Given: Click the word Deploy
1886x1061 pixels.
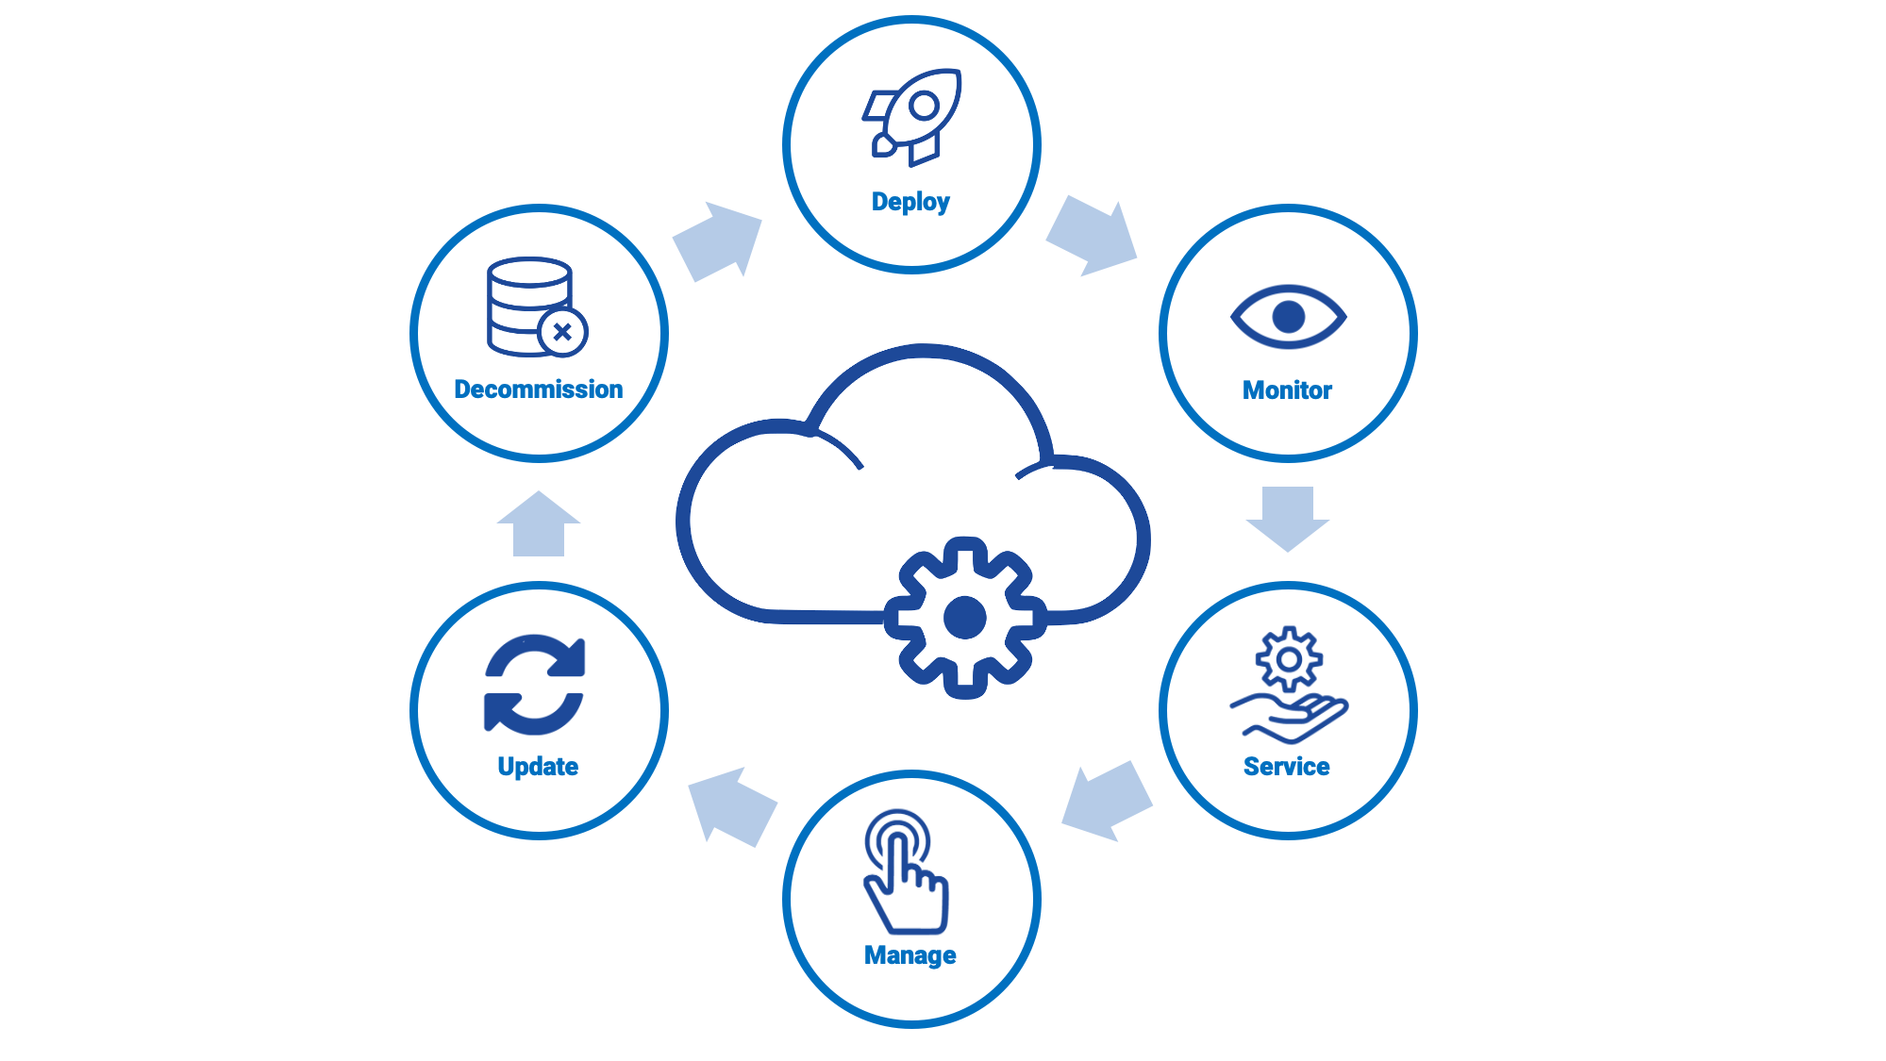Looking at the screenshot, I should pyautogui.click(x=910, y=202).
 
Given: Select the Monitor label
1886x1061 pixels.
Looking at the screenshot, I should pyautogui.click(x=1287, y=390).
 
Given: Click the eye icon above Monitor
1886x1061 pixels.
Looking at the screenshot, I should pyautogui.click(x=1288, y=317).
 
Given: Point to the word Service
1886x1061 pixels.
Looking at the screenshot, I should pyautogui.click(x=1286, y=767).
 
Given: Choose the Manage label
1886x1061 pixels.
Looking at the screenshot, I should pyautogui.click(x=910, y=955).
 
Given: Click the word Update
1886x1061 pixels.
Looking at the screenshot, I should pyautogui.click(x=538, y=767).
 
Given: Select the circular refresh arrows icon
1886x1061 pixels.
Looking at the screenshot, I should pyautogui.click(x=535, y=685).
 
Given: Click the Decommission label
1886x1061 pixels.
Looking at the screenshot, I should pyautogui.click(x=539, y=390).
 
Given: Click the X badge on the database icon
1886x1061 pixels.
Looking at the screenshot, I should pyautogui.click(x=563, y=332).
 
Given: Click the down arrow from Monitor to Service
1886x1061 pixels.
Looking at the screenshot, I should pyautogui.click(x=1288, y=518).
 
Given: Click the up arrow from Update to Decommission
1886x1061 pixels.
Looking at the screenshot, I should pyautogui.click(x=539, y=524).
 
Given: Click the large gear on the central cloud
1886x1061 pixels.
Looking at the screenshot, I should pyautogui.click(x=964, y=618).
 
